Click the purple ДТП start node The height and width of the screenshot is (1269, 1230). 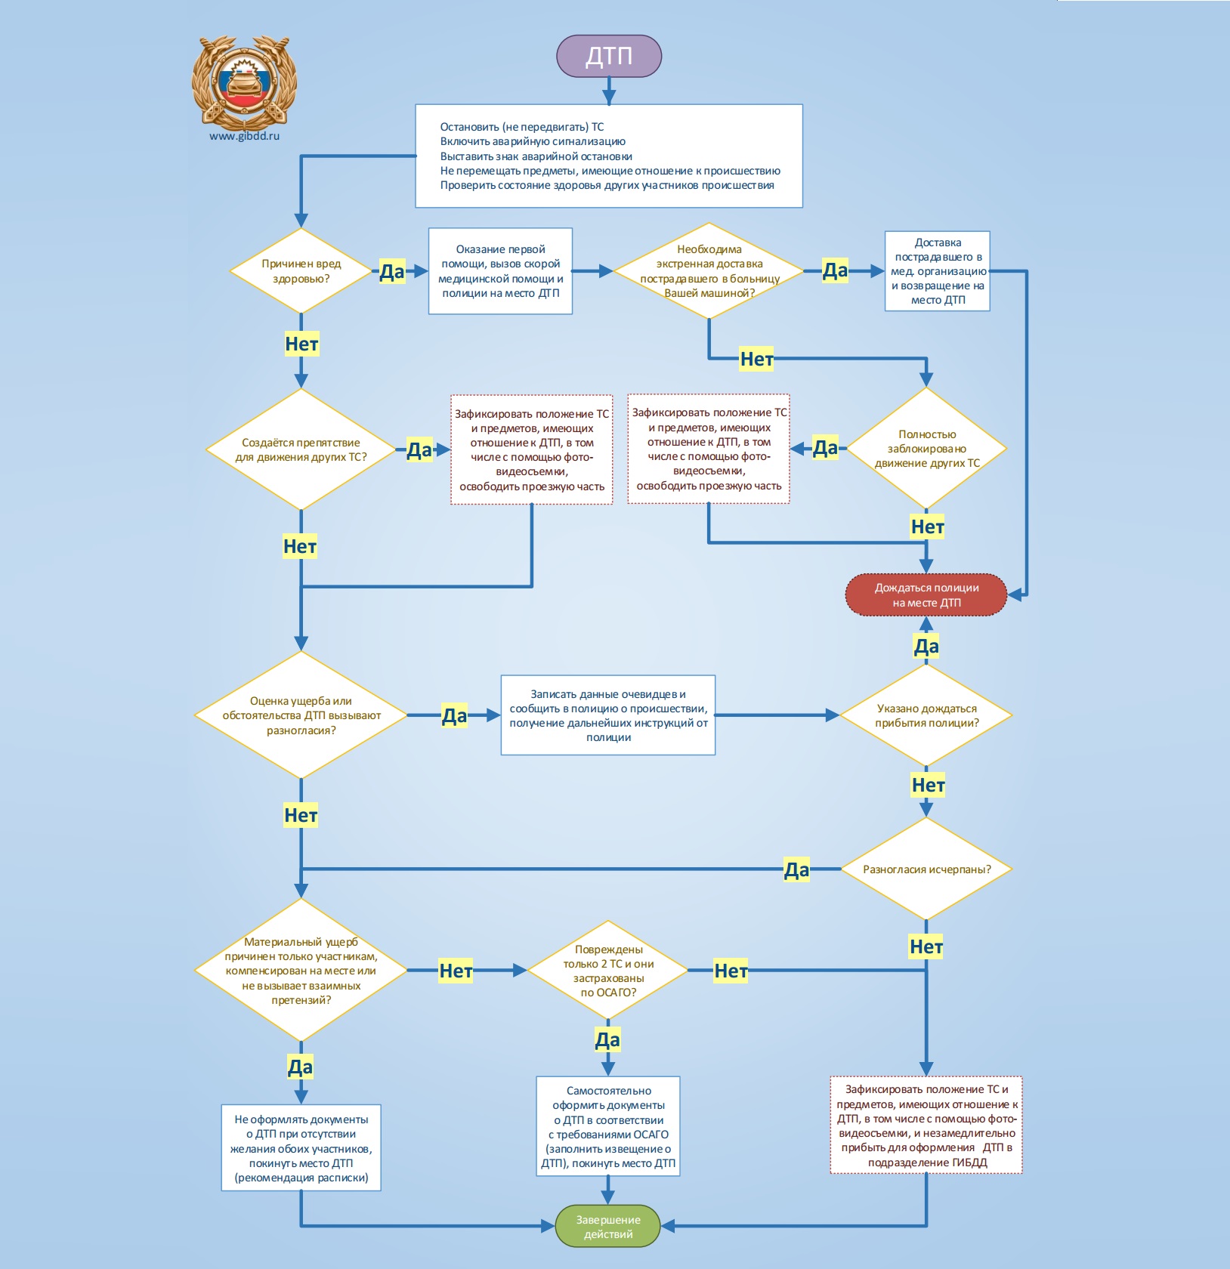pos(609,56)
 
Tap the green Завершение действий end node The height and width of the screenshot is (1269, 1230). pos(608,1226)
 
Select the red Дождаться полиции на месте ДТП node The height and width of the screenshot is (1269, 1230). pos(926,595)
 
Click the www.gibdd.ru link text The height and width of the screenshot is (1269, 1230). pos(245,136)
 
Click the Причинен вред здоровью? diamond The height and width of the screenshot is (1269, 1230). pos(301,270)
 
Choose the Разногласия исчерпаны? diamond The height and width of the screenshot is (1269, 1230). pos(926,869)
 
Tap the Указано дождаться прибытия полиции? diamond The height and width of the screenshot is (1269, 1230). pos(926,715)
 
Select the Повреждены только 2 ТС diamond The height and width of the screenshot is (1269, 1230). pos(608,970)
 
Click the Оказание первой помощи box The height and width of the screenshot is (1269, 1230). pos(500,271)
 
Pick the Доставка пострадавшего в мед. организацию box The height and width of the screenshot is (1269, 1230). pos(938,271)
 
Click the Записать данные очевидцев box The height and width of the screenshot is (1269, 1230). pos(608,715)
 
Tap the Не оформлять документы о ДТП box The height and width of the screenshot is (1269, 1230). pos(301,1148)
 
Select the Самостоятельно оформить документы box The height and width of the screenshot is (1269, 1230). pos(608,1126)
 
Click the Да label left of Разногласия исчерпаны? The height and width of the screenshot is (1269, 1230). pos(796,869)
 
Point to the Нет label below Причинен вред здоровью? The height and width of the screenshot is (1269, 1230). pos(301,344)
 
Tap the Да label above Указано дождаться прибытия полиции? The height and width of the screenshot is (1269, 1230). pos(926,646)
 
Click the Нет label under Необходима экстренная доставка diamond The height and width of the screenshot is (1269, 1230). pos(756,359)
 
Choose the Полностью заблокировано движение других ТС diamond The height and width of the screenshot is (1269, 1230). pos(926,448)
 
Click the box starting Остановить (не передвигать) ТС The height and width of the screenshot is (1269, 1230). pos(609,156)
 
